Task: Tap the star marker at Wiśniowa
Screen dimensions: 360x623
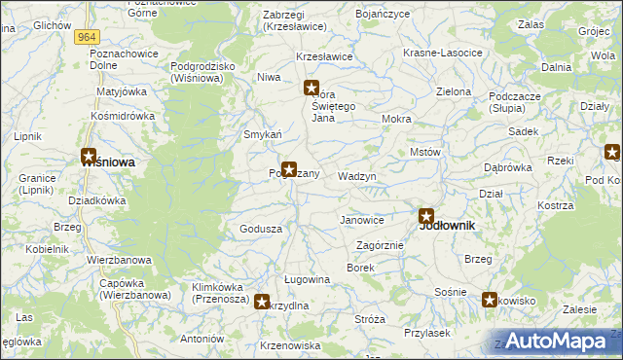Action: point(89,156)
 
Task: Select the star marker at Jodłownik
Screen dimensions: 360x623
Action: point(426,216)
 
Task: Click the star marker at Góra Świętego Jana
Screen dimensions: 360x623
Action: point(311,89)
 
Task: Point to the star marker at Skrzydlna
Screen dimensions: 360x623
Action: point(262,302)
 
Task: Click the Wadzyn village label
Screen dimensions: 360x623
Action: point(356,177)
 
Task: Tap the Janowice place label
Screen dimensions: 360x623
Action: point(361,221)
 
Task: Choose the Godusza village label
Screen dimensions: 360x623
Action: point(261,229)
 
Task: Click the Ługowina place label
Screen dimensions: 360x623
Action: point(307,279)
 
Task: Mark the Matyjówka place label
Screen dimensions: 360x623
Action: point(121,92)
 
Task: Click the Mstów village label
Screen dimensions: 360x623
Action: point(426,153)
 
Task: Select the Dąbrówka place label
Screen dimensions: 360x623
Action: point(508,167)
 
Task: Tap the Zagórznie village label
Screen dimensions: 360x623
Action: point(380,245)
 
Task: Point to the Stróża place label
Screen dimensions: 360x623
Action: point(370,319)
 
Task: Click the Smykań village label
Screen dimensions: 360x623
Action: point(263,134)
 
